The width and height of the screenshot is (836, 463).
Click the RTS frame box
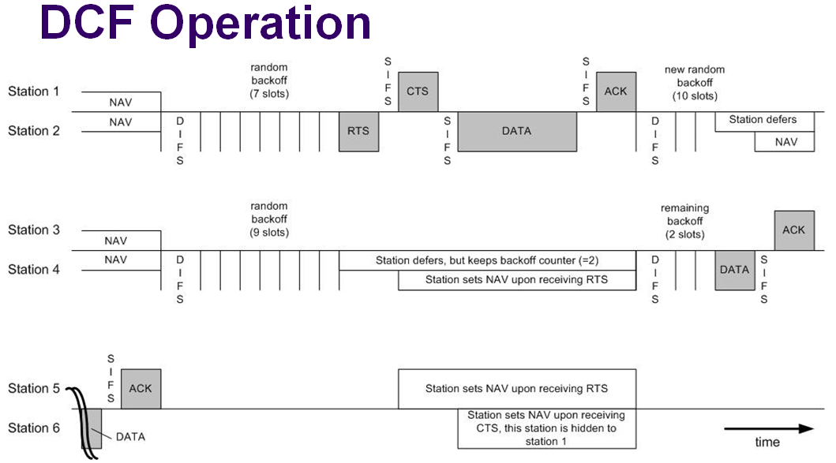[x=358, y=131]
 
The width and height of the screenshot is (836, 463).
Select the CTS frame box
[x=418, y=91]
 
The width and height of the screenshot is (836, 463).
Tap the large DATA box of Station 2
[x=516, y=131]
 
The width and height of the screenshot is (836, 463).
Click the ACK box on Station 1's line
[x=616, y=91]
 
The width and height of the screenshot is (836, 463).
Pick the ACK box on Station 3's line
[x=793, y=230]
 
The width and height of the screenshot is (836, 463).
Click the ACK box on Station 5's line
[x=141, y=388]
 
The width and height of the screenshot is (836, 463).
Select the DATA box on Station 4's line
[x=734, y=270]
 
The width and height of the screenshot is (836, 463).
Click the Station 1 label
[x=34, y=91]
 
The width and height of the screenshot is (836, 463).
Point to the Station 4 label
[x=34, y=270]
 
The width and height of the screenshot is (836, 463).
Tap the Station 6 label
[x=34, y=428]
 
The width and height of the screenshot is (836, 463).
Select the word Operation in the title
[x=261, y=24]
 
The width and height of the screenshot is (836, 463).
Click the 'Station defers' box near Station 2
[x=763, y=120]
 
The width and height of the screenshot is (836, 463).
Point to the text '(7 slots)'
[x=269, y=94]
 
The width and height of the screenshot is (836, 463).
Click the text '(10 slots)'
[x=695, y=96]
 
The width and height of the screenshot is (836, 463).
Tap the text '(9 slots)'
[x=269, y=233]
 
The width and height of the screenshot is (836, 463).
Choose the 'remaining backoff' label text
[x=684, y=214]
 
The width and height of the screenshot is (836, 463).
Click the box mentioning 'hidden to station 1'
[x=546, y=428]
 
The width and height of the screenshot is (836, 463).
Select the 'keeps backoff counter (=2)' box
[x=487, y=260]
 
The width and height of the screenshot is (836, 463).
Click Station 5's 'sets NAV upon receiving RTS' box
[x=516, y=388]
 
